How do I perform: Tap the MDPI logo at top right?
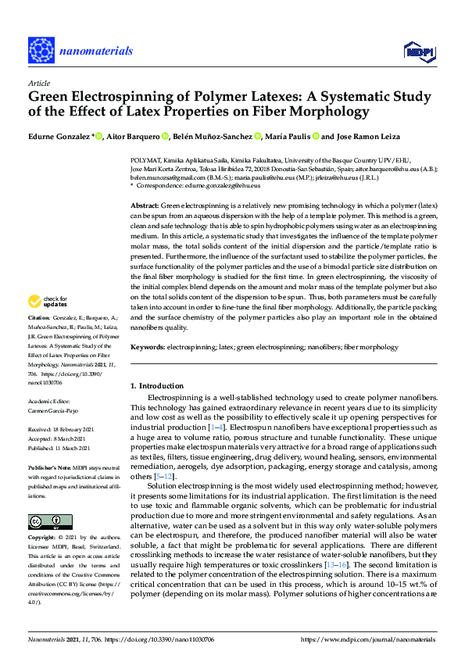pos(418,51)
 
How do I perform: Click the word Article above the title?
pos(39,83)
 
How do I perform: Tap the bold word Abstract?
pos(148,204)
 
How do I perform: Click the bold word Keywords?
pos(148,346)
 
